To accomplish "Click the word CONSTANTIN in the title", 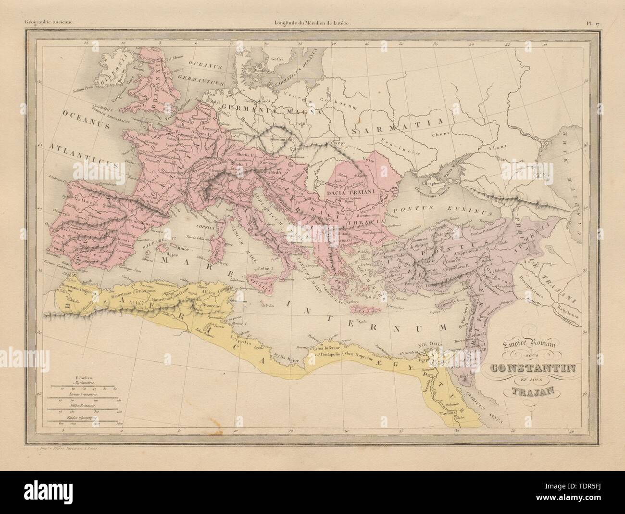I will pyautogui.click(x=528, y=369).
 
